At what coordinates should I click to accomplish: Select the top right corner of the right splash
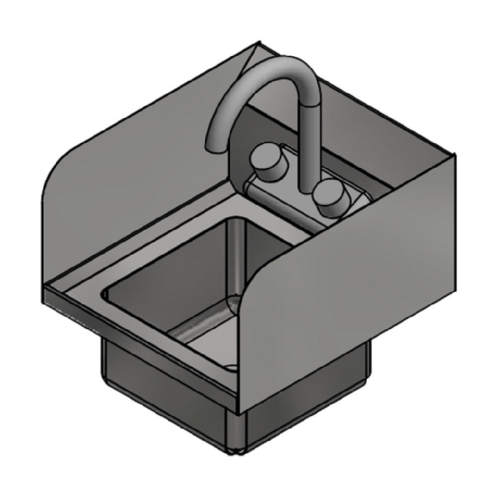coord(454,155)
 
